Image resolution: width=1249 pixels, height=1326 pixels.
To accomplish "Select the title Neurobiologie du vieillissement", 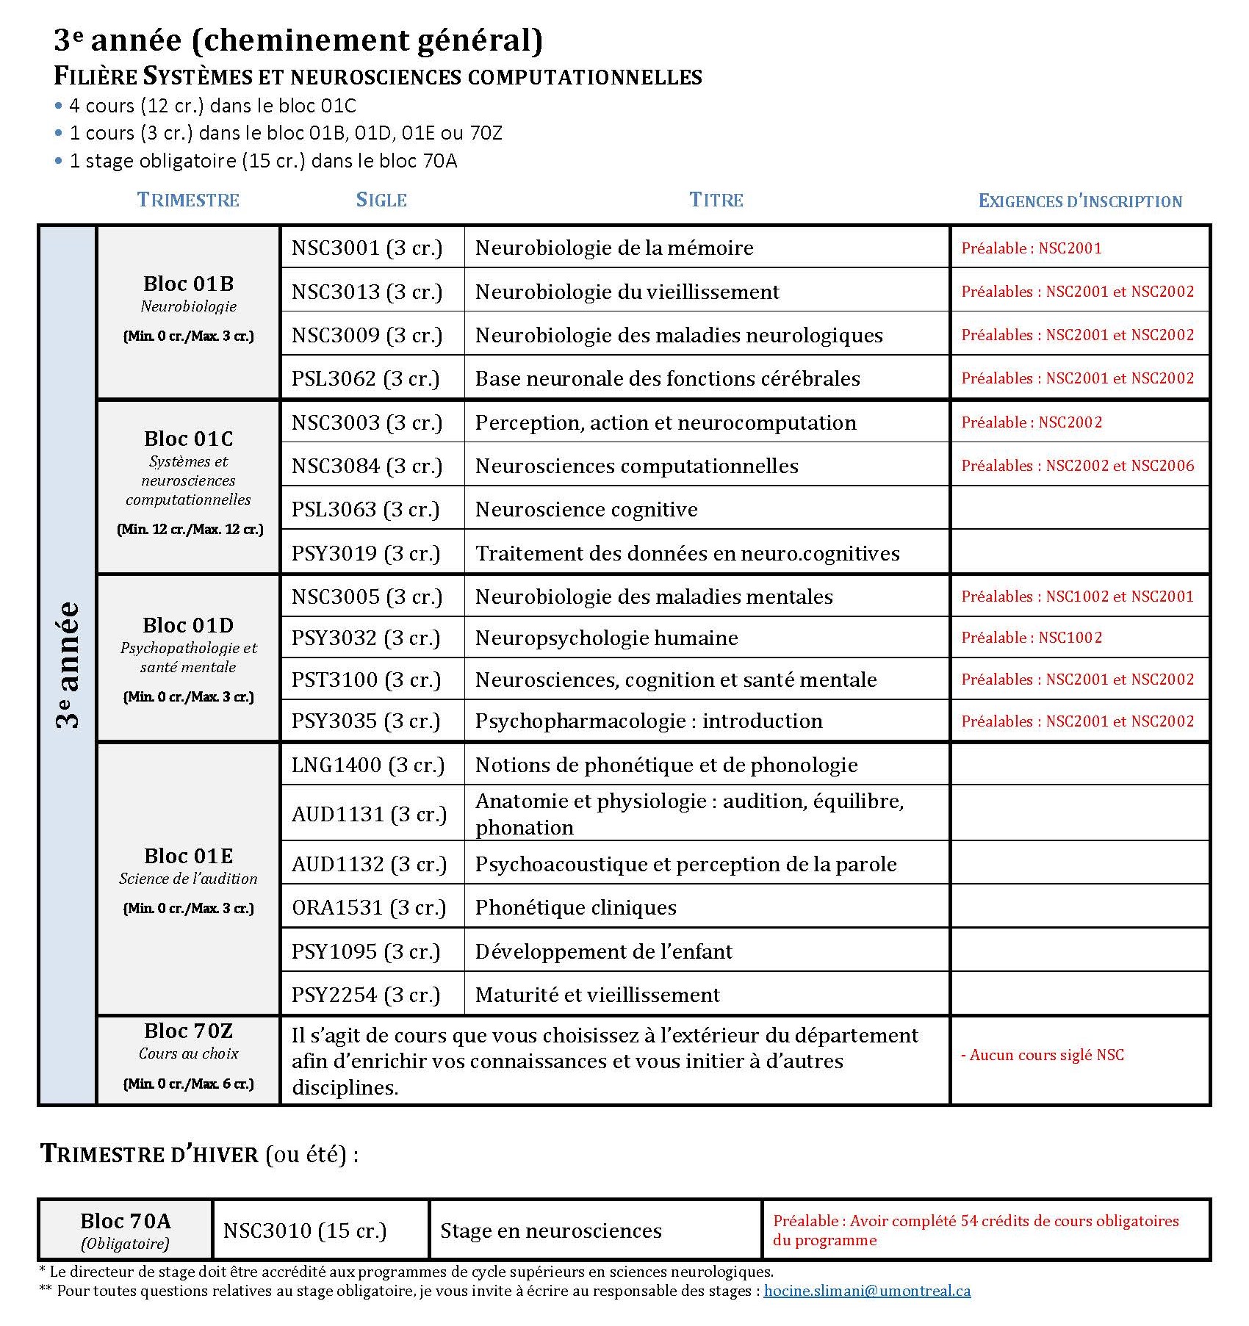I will (x=627, y=292).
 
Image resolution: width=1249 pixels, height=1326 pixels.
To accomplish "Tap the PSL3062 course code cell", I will (x=365, y=378).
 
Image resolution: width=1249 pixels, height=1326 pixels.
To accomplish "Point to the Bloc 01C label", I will (x=188, y=439).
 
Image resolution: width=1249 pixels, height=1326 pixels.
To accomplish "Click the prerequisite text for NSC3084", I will (x=1077, y=466).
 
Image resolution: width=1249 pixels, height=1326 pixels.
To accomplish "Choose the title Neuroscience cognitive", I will (x=586, y=509).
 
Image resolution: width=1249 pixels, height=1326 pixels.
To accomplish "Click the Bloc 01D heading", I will (x=188, y=625).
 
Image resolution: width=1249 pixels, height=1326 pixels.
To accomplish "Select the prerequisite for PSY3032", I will (x=1032, y=638).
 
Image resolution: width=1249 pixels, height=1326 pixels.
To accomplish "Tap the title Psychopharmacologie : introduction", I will (x=649, y=721).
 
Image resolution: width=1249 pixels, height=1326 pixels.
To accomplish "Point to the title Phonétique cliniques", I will (x=575, y=907).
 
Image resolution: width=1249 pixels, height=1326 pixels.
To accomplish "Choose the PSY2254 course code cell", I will (x=366, y=995).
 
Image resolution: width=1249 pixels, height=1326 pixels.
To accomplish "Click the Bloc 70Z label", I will (x=188, y=1031).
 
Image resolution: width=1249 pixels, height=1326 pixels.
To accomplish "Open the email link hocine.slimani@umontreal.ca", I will (x=867, y=1291).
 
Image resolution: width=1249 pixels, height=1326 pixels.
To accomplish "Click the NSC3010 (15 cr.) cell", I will (x=304, y=1230).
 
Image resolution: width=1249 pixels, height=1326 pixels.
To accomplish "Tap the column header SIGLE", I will (x=381, y=200).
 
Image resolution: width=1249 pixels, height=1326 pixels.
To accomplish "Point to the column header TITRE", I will (x=716, y=200).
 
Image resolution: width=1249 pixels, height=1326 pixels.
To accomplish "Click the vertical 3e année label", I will (x=68, y=665).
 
